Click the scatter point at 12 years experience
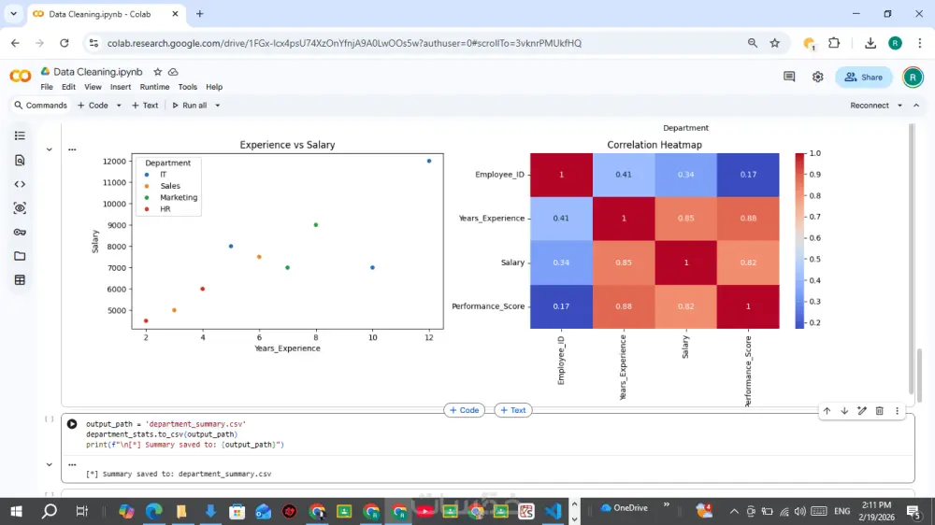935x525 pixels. [429, 161]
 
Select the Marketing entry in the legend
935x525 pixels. [178, 197]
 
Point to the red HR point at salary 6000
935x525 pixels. [203, 289]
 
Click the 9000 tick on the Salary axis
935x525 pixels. [114, 225]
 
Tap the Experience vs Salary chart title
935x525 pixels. [287, 145]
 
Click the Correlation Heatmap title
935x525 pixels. [654, 145]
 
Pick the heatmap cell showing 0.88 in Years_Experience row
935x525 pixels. [748, 219]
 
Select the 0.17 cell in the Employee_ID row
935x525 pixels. [748, 175]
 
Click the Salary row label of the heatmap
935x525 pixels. [512, 262]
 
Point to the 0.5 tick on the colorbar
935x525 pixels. [814, 259]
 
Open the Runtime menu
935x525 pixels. [154, 87]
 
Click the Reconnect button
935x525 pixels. [870, 106]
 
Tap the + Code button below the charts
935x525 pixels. [464, 410]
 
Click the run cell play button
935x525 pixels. [72, 424]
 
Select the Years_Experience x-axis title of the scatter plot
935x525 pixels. [287, 348]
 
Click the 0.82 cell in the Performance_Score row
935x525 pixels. [686, 306]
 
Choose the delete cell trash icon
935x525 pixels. [880, 411]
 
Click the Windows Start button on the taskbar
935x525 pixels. [16, 511]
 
